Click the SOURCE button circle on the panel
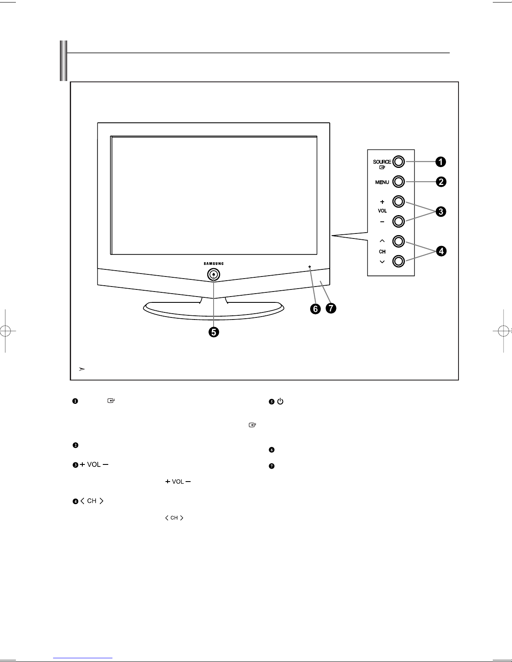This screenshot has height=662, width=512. coord(398,162)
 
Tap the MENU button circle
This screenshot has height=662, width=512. coord(398,182)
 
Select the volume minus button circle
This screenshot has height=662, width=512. coord(398,221)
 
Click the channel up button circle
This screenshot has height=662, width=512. coord(398,241)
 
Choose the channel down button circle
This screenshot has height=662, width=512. coord(398,261)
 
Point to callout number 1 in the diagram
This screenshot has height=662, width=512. coord(441,162)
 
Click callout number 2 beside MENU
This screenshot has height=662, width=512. coord(441,182)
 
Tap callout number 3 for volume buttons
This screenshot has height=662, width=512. coord(441,211)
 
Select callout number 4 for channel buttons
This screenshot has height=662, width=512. coord(441,251)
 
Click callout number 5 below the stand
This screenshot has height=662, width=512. coord(214,332)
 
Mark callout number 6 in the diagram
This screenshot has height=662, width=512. coord(316,309)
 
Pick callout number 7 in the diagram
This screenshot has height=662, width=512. coord(331,308)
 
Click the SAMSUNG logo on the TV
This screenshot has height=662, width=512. coord(214,264)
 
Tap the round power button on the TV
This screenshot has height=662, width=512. coord(214,274)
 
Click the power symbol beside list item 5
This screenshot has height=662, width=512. coord(280,401)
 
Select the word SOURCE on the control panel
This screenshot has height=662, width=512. coord(382,162)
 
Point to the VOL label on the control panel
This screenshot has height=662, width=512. coord(382,211)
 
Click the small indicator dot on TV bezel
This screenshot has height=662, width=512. coord(310,266)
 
